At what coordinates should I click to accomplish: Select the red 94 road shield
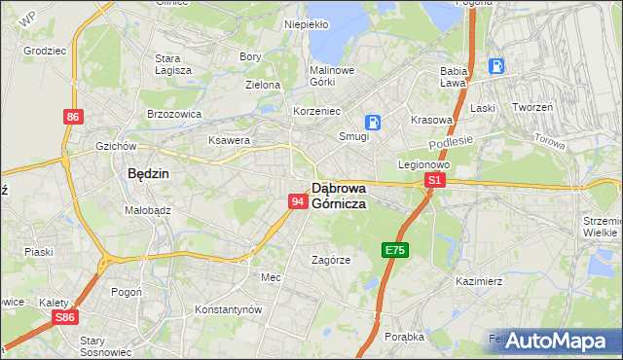[x=299, y=201]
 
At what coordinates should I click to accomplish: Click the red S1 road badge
[x=435, y=181]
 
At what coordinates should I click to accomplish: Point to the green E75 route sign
[x=394, y=250]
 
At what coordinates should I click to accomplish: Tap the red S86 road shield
[x=64, y=317]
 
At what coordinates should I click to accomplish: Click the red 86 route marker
[x=73, y=117]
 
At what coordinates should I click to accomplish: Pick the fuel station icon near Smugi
[x=372, y=122]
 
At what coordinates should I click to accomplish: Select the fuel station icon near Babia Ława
[x=496, y=66]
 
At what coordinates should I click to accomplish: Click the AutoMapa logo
[x=554, y=340]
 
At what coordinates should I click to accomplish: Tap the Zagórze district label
[x=330, y=260]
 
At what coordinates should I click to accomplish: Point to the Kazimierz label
[x=478, y=281]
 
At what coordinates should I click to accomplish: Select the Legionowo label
[x=422, y=164]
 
